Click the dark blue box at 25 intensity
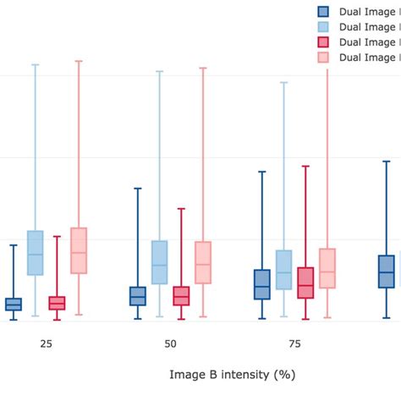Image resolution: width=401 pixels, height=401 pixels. point(14,305)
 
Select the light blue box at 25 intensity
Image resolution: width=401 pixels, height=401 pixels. point(36,253)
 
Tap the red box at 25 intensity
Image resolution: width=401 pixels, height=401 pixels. point(57,303)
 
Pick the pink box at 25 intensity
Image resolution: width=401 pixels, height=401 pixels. point(79,250)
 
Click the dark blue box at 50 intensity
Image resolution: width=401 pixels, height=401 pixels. point(138,296)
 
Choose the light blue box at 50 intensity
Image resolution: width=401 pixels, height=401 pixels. point(159,261)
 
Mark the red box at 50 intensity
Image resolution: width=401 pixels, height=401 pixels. point(181,296)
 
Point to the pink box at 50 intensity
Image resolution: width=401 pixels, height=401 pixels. point(203,262)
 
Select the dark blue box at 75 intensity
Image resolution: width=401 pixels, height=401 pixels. point(262,284)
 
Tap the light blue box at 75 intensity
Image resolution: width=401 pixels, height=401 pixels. point(283,270)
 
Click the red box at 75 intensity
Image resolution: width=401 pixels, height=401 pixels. point(305,283)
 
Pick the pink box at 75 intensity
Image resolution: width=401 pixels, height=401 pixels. point(327,268)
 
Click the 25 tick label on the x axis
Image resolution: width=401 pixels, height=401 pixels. point(46,345)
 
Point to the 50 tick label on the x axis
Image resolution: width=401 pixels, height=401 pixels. point(170,345)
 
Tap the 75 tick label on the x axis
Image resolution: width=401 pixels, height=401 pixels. point(294,345)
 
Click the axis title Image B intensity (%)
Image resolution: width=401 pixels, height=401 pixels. point(232,373)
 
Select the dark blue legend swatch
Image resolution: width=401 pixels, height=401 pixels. point(323,12)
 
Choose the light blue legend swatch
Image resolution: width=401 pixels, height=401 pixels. point(323,27)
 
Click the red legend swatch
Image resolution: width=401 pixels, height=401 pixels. point(323,42)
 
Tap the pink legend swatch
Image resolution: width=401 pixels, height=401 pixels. point(323,58)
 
